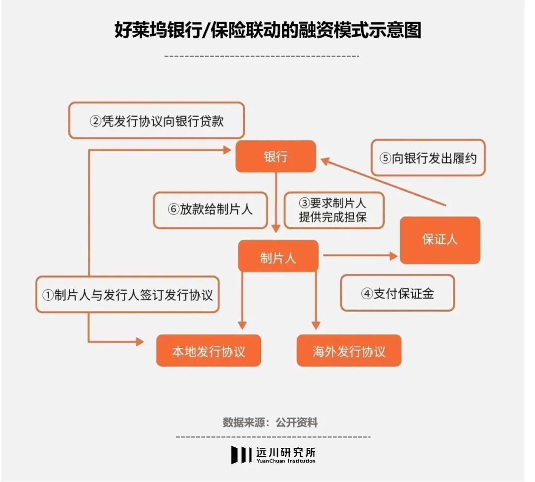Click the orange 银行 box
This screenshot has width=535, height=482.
point(276,156)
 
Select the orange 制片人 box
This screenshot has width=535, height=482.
point(278,256)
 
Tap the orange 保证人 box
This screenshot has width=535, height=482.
point(440,240)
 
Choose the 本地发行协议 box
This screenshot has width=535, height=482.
point(209,351)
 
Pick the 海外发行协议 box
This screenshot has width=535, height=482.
point(349,351)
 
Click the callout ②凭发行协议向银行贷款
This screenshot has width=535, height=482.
point(157,120)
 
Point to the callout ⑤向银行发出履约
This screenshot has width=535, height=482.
point(428,158)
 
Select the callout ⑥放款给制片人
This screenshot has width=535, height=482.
point(210,210)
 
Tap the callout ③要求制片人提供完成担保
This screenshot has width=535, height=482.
point(334,210)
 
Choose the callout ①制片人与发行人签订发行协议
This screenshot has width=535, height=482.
point(127,294)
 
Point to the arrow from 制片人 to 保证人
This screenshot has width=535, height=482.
point(360,256)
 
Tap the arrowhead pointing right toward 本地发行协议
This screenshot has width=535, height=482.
point(140,341)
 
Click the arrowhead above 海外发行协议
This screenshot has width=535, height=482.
point(316,325)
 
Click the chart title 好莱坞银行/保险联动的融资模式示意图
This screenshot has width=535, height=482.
point(267,30)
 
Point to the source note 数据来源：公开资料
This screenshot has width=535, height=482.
point(270,422)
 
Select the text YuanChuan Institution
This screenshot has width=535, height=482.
point(286,461)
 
